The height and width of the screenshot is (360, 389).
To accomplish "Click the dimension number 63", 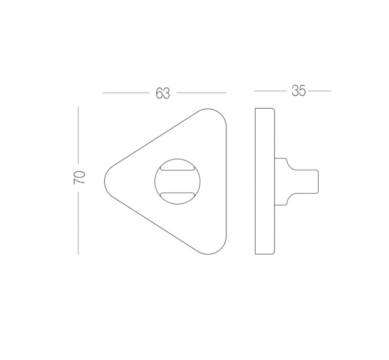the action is (x=162, y=93).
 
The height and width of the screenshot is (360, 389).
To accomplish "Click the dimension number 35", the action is (x=299, y=91).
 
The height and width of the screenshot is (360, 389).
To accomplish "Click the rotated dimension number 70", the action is (x=80, y=177).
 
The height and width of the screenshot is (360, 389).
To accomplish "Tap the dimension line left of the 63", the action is (x=126, y=93).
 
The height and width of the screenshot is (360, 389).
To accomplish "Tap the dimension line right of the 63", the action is (x=201, y=93).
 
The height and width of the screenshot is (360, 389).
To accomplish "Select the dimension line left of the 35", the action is (x=270, y=91).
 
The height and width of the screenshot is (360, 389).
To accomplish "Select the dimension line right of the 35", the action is (x=319, y=91).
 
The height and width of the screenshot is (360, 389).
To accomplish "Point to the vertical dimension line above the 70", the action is (x=78, y=135).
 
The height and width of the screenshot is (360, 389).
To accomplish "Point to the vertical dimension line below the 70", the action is (x=78, y=223).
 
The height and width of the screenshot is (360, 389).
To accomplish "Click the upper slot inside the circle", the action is (x=177, y=168).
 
